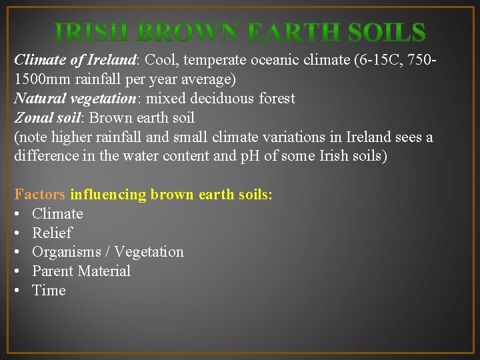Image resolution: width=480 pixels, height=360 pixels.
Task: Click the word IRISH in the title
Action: (x=91, y=33)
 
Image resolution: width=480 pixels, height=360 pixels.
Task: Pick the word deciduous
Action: (x=223, y=99)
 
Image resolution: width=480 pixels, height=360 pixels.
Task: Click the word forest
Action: (x=276, y=99)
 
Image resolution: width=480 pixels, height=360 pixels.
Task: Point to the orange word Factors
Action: (x=39, y=195)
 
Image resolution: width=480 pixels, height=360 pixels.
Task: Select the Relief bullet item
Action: (x=52, y=233)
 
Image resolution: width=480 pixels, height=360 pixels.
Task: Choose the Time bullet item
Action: (x=49, y=291)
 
